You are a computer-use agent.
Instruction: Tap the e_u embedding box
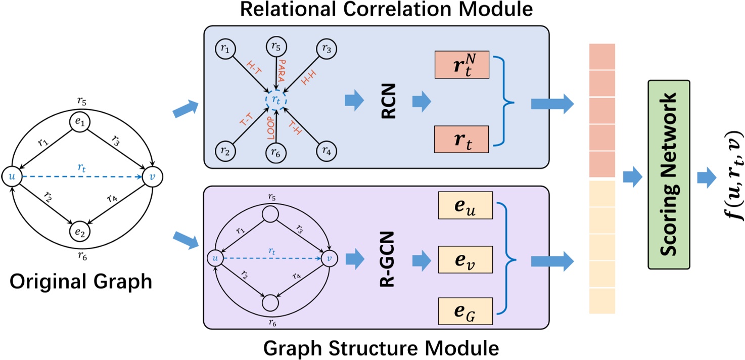462,206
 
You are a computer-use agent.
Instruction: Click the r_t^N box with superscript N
462,65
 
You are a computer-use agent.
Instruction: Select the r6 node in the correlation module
275,151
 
